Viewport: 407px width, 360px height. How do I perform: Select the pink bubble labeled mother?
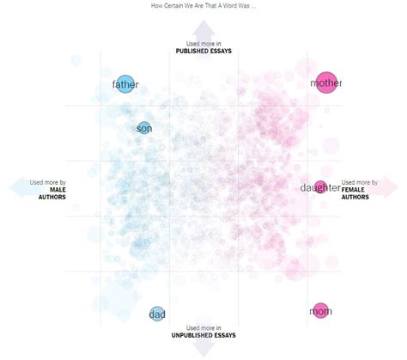(326, 83)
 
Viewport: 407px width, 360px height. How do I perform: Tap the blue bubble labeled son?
(143, 129)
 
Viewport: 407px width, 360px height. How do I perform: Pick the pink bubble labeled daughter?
(320, 187)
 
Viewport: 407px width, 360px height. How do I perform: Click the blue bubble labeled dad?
(157, 314)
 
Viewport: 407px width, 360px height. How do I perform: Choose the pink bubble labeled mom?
(321, 311)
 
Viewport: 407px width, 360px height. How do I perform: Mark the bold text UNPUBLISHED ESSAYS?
(203, 335)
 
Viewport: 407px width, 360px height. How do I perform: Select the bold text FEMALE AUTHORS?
(355, 193)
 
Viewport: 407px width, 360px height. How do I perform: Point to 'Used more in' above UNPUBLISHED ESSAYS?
(203, 327)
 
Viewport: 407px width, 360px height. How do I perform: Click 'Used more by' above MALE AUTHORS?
(48, 182)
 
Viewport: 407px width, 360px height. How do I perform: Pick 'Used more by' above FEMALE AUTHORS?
(360, 182)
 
